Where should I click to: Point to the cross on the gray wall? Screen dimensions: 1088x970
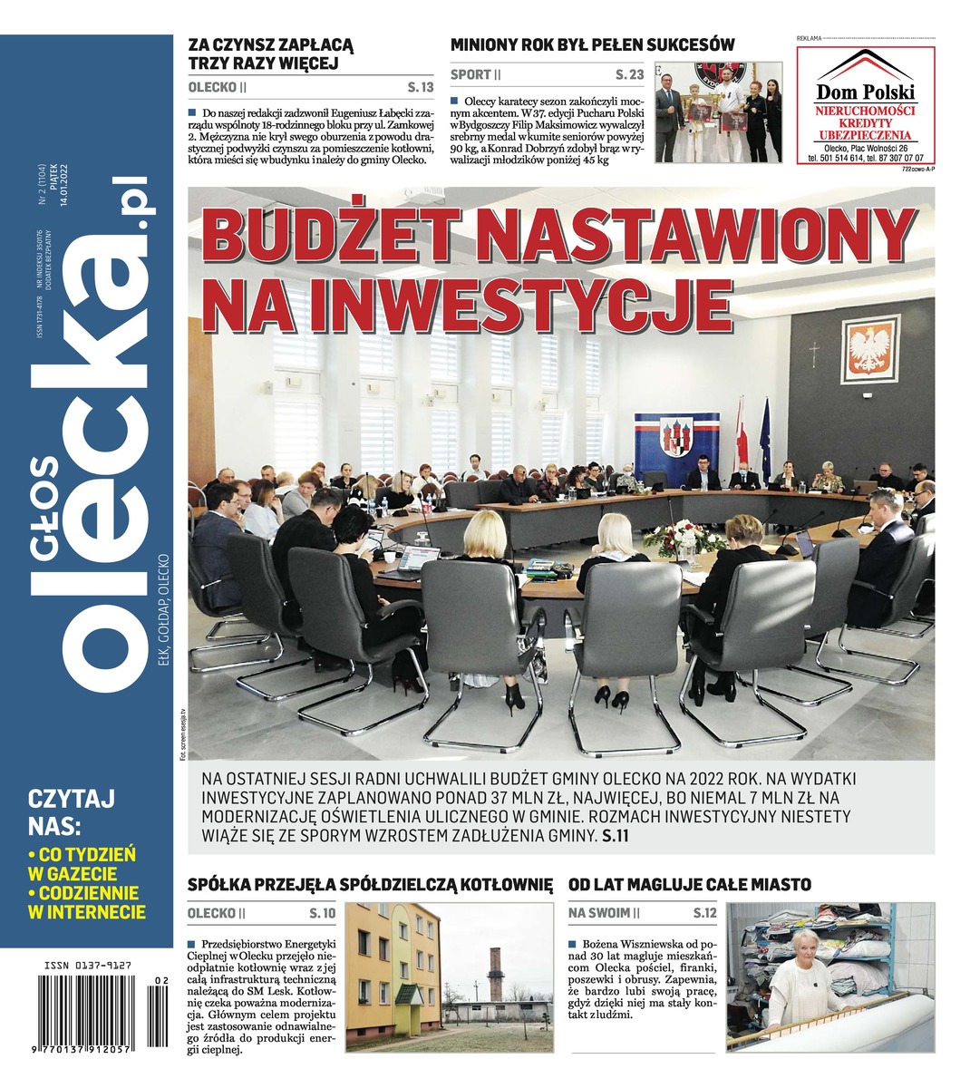[x=814, y=353]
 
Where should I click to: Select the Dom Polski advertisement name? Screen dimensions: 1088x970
[x=866, y=92]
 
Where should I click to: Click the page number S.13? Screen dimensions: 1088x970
[x=421, y=87]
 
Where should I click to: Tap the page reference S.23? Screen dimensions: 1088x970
[x=629, y=74]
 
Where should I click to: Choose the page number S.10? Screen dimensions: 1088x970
[x=323, y=913]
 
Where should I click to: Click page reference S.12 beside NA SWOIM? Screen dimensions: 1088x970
[x=704, y=913]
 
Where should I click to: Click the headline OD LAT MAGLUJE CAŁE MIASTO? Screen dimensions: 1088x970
[x=689, y=884]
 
